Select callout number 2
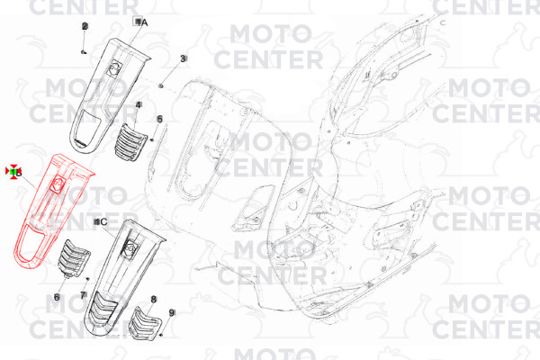click(85, 26)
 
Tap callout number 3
click(183, 58)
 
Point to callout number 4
click(139, 105)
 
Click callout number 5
click(159, 119)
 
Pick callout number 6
click(57, 296)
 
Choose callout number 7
click(83, 295)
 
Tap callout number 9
click(172, 312)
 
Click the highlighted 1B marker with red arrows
click(15, 170)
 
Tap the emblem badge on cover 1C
click(131, 242)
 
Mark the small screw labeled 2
click(83, 52)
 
